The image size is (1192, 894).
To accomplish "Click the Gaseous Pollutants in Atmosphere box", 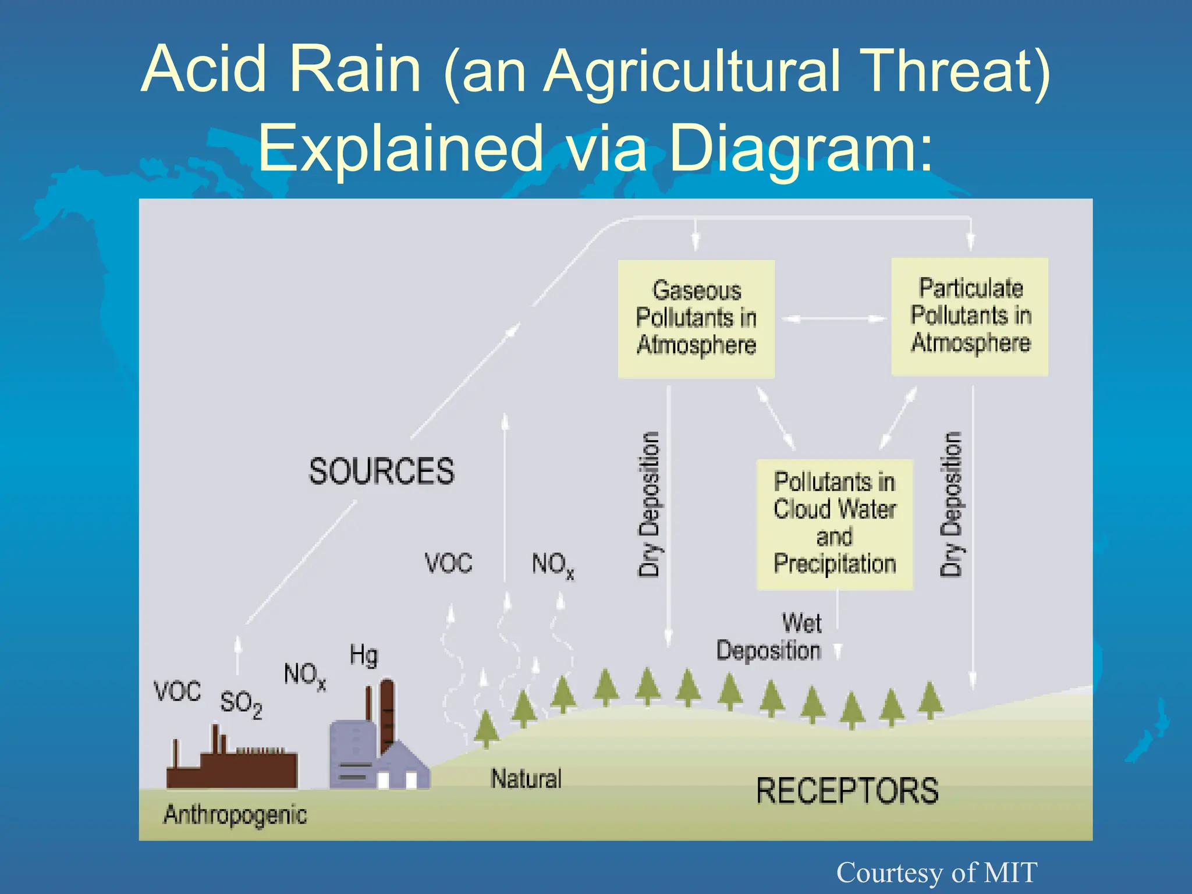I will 696,318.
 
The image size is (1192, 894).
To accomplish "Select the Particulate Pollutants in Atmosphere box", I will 970,316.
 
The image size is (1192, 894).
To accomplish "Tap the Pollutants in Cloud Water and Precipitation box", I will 835,524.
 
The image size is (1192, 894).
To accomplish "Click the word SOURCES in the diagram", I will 381,471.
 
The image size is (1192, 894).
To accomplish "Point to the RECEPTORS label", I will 847,791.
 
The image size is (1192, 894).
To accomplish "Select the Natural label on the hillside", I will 526,779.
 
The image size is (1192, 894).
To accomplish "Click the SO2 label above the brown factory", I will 240,704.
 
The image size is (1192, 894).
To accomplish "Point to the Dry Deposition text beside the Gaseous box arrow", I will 649,504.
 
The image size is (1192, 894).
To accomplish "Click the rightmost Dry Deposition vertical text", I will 951,504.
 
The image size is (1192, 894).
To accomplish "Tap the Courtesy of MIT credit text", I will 936,872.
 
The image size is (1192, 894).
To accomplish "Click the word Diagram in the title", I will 800,148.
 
